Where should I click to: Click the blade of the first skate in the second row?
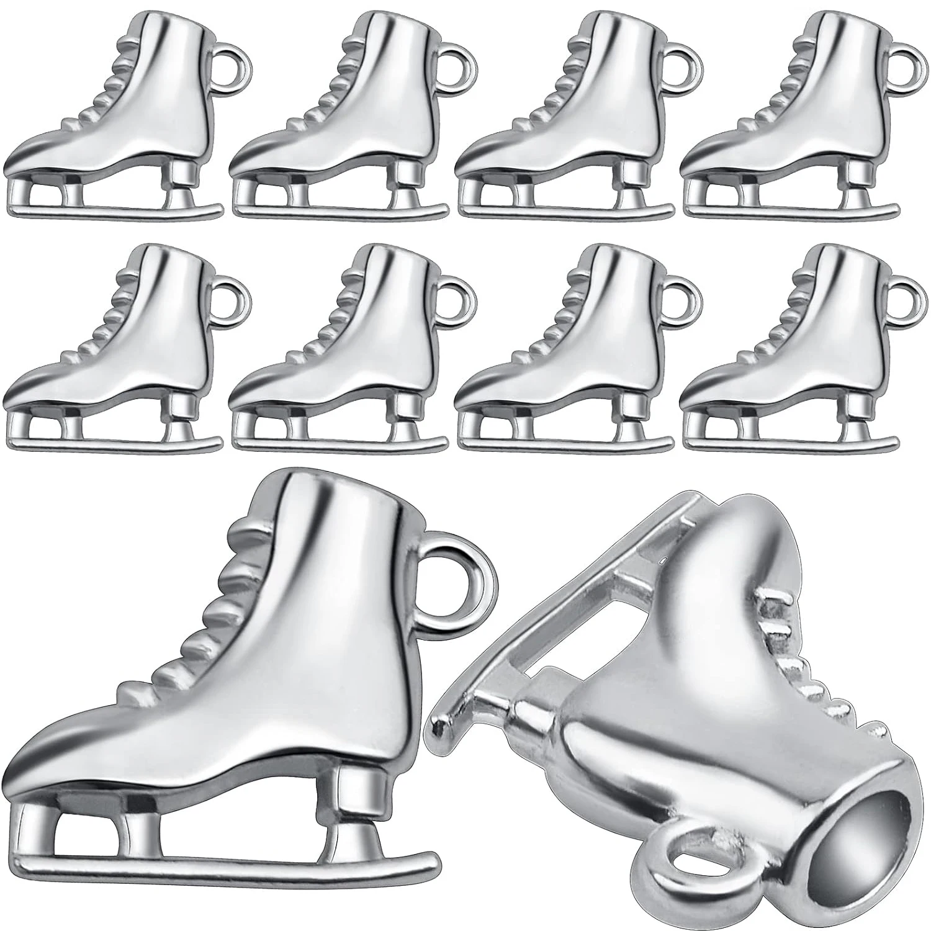[112, 444]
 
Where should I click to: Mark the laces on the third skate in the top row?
[552, 81]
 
